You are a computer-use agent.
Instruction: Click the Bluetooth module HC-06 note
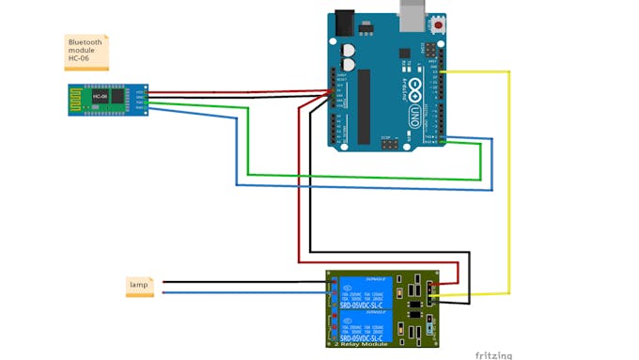86,52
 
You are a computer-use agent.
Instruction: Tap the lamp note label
139,285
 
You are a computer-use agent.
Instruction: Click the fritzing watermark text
493,354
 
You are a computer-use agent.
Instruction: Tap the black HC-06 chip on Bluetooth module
98,97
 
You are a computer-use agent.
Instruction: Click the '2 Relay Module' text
361,344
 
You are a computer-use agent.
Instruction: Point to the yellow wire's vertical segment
509,188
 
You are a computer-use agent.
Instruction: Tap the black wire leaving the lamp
235,281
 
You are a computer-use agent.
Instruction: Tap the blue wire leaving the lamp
235,292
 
